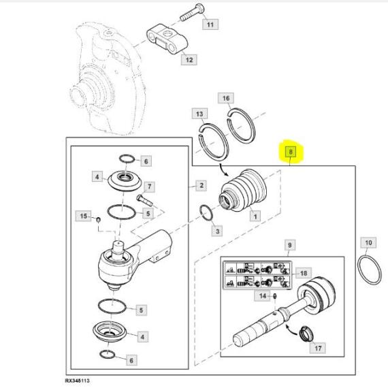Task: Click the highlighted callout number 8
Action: [x=291, y=151]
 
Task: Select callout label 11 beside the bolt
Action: [x=210, y=25]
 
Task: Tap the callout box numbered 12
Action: [x=189, y=60]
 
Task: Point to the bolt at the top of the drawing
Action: [x=192, y=12]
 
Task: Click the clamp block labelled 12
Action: [x=167, y=38]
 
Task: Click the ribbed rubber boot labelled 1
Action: [x=243, y=190]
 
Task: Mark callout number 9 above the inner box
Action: [x=289, y=245]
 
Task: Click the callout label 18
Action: [x=304, y=273]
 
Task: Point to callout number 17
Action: [x=318, y=348]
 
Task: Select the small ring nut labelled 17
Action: [x=306, y=334]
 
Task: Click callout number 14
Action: [x=263, y=295]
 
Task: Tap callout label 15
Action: [x=84, y=216]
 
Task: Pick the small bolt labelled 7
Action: [x=144, y=200]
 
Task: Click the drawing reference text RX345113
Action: [x=78, y=381]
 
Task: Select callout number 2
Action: [x=201, y=185]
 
